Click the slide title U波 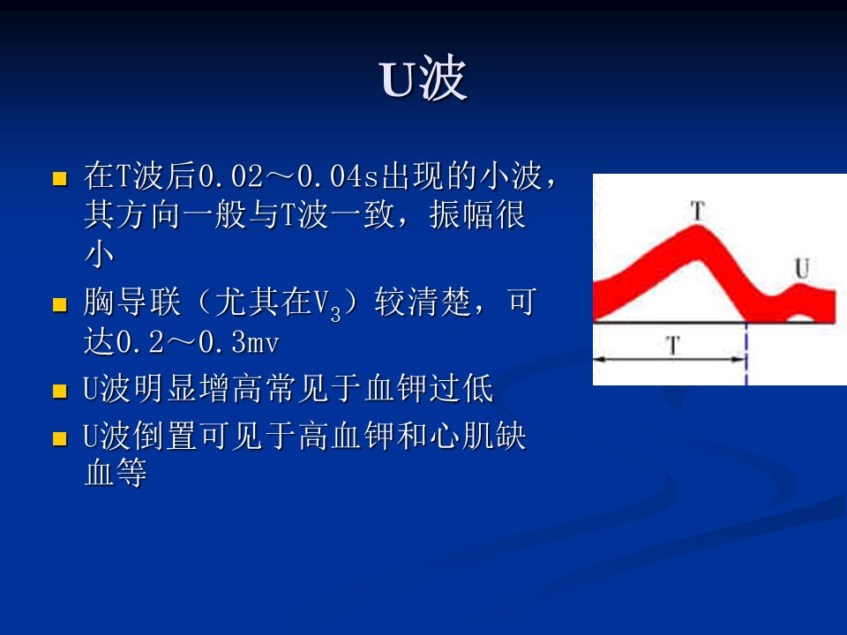click(423, 78)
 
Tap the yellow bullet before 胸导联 click(60, 304)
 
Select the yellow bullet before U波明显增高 click(60, 391)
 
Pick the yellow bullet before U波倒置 click(60, 438)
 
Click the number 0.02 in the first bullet click(230, 176)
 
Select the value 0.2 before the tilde click(140, 342)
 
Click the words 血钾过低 click(429, 388)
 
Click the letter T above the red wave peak click(698, 211)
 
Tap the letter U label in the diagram click(802, 268)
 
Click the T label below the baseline click(673, 345)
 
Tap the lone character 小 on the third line click(100, 254)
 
